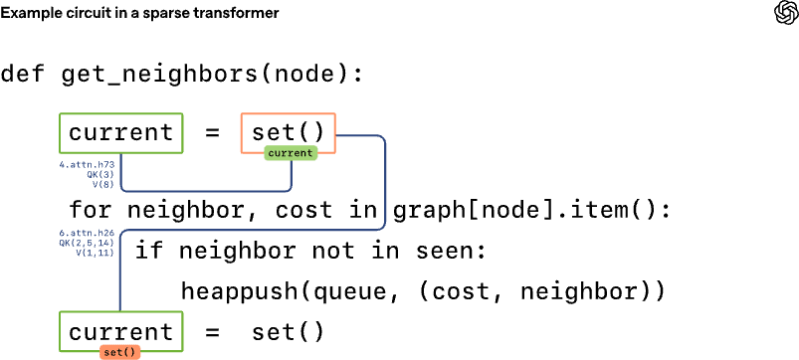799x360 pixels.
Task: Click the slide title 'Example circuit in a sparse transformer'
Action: tap(139, 13)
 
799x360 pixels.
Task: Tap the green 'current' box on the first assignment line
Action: tap(120, 133)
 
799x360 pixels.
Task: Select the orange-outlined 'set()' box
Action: tap(288, 132)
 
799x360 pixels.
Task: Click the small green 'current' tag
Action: tap(291, 153)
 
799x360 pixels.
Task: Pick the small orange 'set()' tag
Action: tap(119, 351)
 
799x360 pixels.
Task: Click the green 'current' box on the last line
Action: tap(120, 331)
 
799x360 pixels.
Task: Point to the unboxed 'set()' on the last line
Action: tap(288, 331)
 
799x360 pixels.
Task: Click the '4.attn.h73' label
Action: tap(89, 163)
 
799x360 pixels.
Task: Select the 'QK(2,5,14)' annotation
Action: tap(88, 242)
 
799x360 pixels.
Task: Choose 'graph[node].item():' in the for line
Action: tap(532, 211)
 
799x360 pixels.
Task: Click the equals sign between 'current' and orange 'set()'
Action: tap(211, 133)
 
